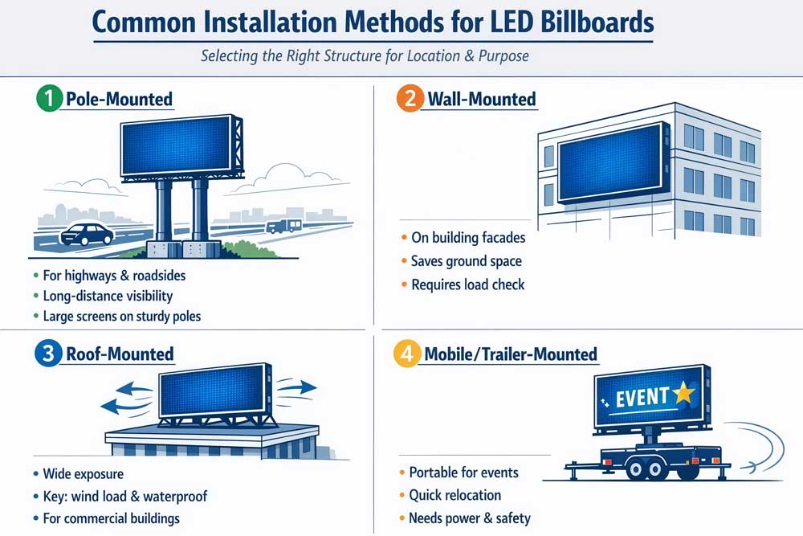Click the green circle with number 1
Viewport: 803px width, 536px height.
49,100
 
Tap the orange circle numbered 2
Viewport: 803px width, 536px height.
410,100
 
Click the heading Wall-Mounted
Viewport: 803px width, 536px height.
481,100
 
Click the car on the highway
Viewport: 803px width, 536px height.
87,234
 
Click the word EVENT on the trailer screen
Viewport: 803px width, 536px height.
642,396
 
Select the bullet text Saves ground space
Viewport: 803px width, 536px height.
466,261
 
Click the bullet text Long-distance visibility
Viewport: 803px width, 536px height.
108,297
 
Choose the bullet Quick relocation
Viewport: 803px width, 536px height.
454,495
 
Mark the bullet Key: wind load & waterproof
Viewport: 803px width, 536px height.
124,496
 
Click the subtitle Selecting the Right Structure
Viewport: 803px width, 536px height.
364,57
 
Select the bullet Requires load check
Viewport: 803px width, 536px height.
467,284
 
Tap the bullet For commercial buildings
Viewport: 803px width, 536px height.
111,518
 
